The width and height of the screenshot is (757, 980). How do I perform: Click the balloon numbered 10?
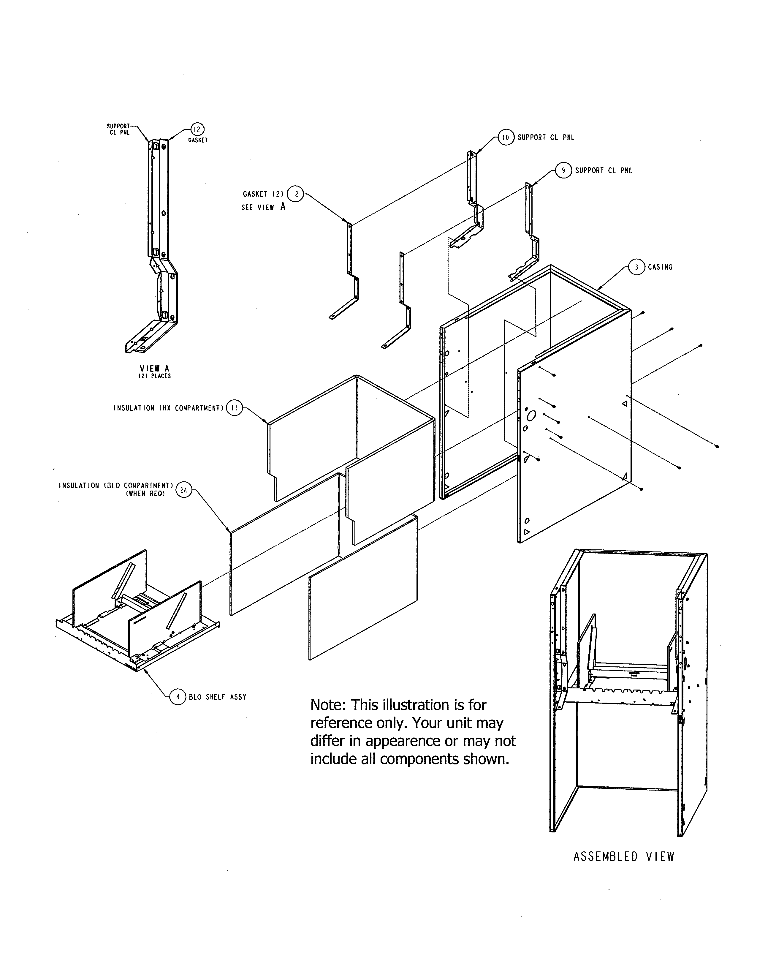506,137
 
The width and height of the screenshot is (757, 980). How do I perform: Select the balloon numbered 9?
563,170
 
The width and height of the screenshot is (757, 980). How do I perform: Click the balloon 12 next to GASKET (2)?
295,194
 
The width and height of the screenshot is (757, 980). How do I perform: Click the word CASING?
660,267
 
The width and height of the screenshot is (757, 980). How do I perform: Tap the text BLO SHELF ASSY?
218,697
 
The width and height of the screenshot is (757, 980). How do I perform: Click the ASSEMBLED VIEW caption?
624,856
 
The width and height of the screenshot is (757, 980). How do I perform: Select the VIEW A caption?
154,369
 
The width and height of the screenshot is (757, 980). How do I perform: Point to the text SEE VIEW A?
263,207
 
